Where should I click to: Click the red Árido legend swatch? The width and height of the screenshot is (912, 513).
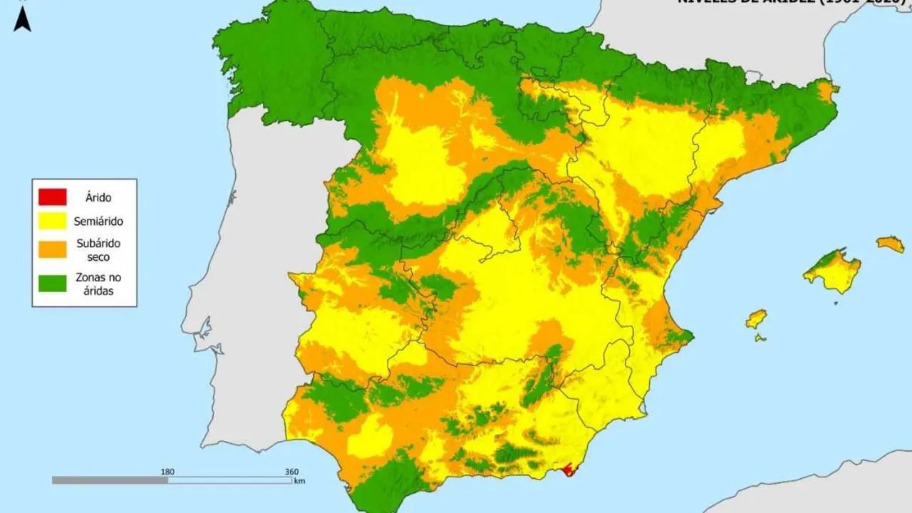(x=53, y=197)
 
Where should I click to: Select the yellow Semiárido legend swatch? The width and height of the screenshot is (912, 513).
(x=53, y=222)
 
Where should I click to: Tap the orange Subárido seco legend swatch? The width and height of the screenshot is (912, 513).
(x=53, y=249)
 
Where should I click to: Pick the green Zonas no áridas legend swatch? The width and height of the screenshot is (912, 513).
(x=53, y=283)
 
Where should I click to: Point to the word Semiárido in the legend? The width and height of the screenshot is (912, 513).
(x=98, y=222)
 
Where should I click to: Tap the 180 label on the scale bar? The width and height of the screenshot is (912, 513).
(x=168, y=471)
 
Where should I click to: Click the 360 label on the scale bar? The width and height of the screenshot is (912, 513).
(x=291, y=471)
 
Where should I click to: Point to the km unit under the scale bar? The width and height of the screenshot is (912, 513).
(x=299, y=482)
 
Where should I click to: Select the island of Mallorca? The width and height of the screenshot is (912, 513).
(x=832, y=271)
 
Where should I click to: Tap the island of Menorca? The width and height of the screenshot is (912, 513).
(x=891, y=244)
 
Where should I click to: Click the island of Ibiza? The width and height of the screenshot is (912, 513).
(x=756, y=318)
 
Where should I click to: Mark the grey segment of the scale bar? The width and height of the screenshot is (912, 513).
(x=110, y=480)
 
